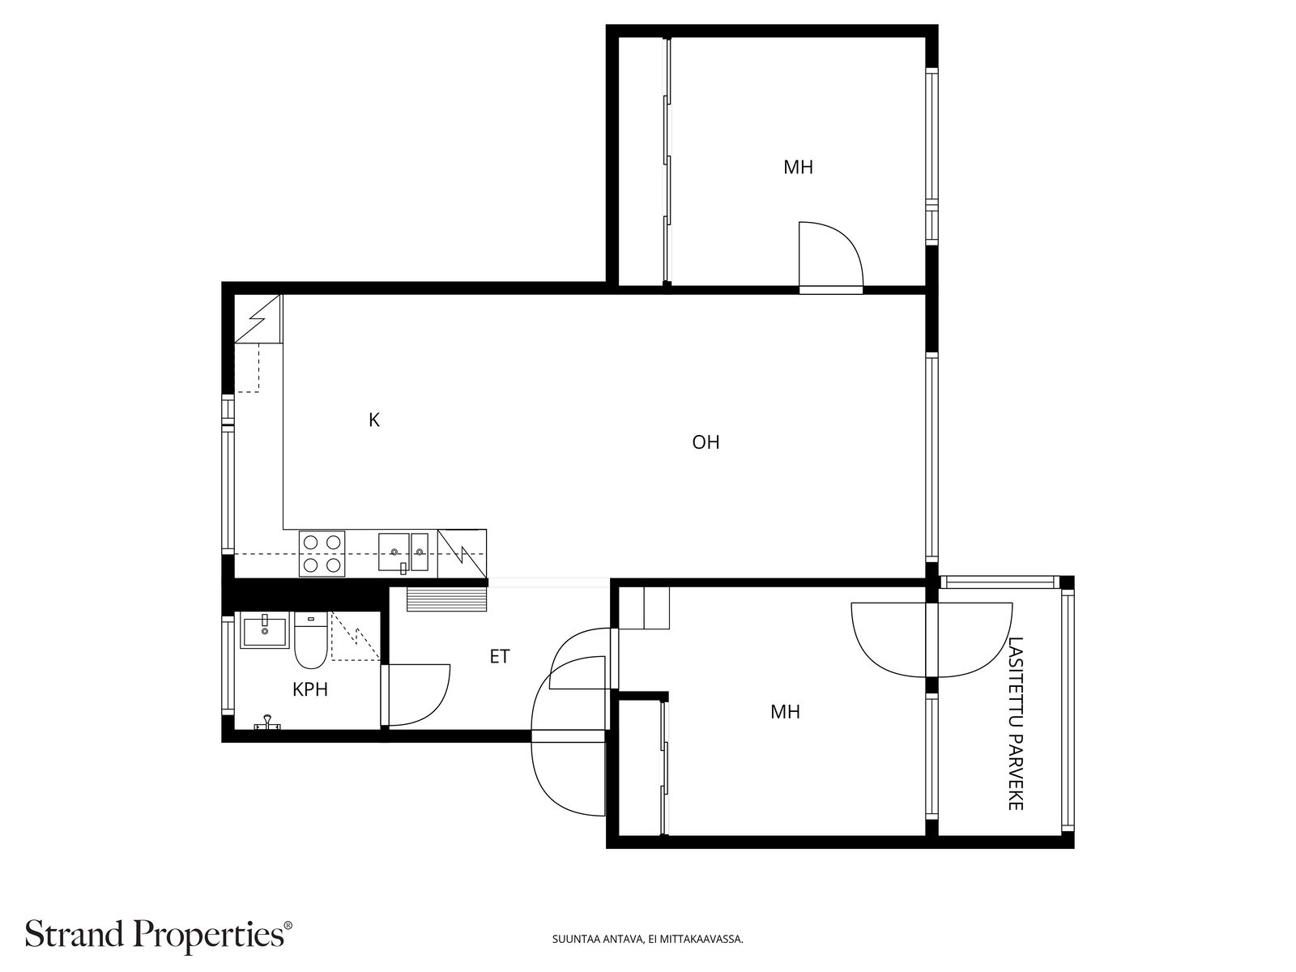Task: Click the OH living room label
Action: (x=706, y=442)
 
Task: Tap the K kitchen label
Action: (x=373, y=420)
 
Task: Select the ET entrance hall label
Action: (x=500, y=656)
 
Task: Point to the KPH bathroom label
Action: (x=310, y=689)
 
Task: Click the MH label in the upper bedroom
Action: (x=799, y=168)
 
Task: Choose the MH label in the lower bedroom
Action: (x=785, y=712)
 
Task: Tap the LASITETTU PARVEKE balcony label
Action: (x=1015, y=723)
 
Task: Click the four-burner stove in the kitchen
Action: (x=322, y=553)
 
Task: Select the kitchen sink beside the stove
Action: (x=403, y=552)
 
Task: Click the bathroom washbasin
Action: (x=265, y=630)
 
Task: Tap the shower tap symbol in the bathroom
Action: (x=267, y=723)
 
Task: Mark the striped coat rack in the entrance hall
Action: (x=447, y=599)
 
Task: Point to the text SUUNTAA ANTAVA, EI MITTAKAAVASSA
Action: (x=648, y=939)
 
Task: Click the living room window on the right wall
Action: (x=932, y=458)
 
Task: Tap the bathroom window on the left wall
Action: (x=228, y=665)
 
